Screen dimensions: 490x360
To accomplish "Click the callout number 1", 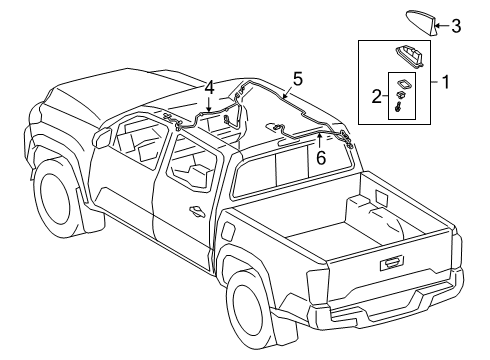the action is pyautogui.click(x=446, y=82).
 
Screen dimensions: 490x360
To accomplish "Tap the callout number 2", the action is pyautogui.click(x=377, y=96).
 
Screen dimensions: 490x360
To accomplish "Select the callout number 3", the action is pyautogui.click(x=456, y=26).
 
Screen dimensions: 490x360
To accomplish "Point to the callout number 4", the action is pyautogui.click(x=209, y=88).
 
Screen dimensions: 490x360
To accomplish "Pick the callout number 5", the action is pyautogui.click(x=298, y=79).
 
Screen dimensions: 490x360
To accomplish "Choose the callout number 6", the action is pyautogui.click(x=321, y=158).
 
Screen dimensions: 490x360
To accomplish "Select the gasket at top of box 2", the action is pyautogui.click(x=403, y=84).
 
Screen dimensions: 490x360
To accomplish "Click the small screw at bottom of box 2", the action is pyautogui.click(x=399, y=108).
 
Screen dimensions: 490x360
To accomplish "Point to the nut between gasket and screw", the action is pyautogui.click(x=399, y=96).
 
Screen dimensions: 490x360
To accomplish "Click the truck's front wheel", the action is pyautogui.click(x=55, y=198).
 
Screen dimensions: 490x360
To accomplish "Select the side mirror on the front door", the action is pyautogui.click(x=102, y=137).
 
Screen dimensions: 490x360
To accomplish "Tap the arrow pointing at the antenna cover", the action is pyautogui.click(x=442, y=25).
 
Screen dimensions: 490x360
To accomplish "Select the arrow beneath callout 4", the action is pyautogui.click(x=209, y=104).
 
